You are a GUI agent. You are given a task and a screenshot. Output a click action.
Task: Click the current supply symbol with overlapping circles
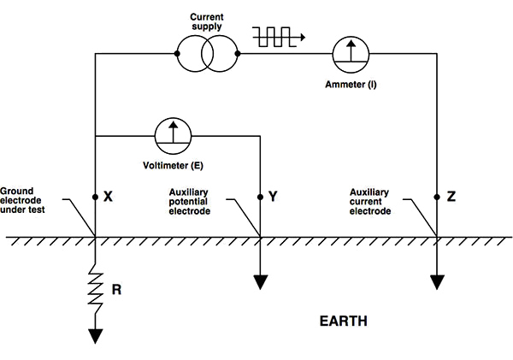point(208,55)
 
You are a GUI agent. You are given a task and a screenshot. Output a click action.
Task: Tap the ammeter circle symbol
point(351,55)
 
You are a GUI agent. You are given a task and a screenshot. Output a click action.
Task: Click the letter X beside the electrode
point(109,196)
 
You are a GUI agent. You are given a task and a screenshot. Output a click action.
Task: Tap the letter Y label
point(274,196)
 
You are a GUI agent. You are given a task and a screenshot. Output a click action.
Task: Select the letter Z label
point(451,196)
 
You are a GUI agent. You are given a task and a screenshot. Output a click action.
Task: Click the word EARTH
point(344,322)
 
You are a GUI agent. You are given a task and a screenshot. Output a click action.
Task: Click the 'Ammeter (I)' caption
point(351,86)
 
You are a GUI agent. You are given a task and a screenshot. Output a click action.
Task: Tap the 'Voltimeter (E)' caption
point(172,163)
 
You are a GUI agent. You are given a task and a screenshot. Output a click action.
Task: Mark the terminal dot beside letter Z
point(438,196)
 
